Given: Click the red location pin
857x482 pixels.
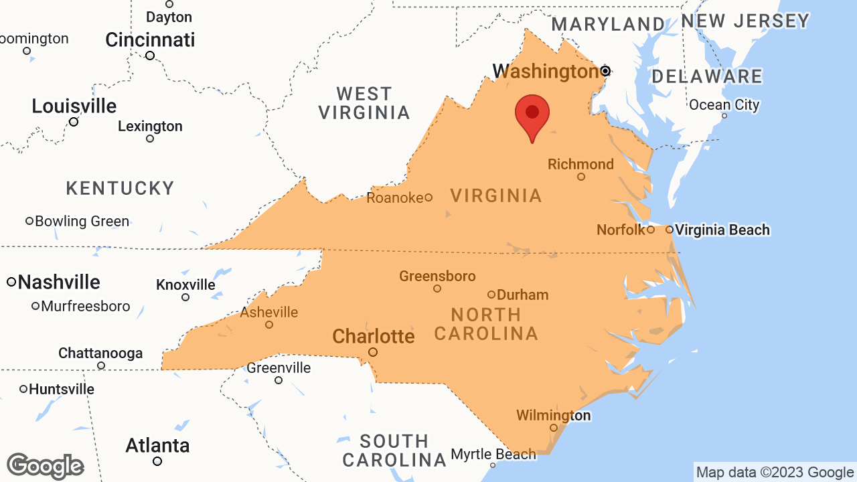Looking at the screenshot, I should (532, 114).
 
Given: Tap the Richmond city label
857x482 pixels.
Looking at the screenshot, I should (580, 164).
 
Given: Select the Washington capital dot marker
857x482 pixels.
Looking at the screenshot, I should (605, 71).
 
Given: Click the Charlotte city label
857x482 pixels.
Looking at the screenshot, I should (373, 336).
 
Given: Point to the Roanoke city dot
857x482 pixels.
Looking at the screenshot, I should (428, 197).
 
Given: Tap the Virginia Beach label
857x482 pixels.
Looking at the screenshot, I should (722, 230).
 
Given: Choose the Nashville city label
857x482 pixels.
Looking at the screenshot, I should (59, 283).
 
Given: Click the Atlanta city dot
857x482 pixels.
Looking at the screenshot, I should (157, 461).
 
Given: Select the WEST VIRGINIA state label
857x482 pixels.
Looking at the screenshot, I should (364, 103).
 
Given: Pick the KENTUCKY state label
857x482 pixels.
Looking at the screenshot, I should (121, 188).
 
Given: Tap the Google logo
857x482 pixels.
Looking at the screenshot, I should (45, 466).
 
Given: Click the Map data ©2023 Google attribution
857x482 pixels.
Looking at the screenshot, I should (775, 473).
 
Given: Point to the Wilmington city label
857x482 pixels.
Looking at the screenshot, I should (553, 416).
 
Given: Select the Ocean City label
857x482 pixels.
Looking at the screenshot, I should (724, 105).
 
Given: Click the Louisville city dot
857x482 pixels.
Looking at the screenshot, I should (74, 122).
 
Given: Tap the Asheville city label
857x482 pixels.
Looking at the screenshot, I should (269, 313).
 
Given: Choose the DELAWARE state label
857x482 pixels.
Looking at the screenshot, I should (708, 76).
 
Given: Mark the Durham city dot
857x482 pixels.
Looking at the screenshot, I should (491, 295).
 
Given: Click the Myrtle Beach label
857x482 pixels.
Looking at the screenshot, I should (493, 455).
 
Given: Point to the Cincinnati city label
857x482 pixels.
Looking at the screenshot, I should (150, 40).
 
